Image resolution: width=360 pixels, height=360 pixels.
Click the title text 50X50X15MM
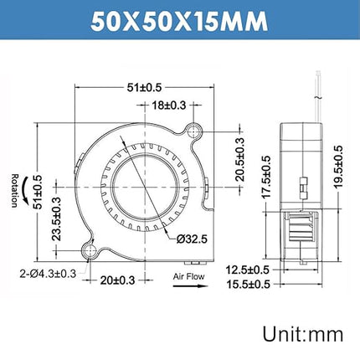coord(179,19)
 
